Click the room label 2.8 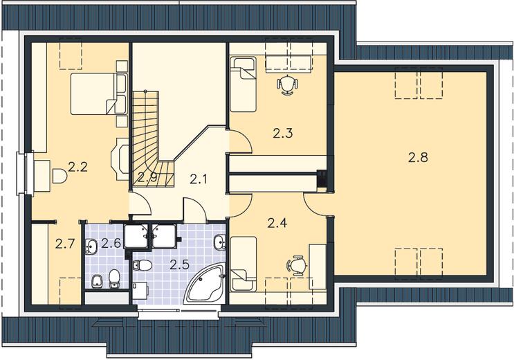coord(418,158)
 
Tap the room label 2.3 coord(282,133)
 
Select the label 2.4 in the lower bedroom coord(277,223)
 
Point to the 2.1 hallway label coord(199,179)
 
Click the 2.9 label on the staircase coord(147,177)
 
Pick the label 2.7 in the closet coord(65,244)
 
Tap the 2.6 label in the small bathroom coord(111,243)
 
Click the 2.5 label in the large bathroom coord(180,264)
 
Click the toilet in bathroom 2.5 coord(142,264)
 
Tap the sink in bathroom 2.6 coord(91,246)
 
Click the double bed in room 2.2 coord(99,94)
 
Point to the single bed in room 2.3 coord(243,84)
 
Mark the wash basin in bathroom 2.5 coord(219,242)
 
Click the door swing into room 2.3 coord(241,141)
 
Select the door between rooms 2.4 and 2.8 coord(315,204)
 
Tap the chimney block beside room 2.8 coord(322,180)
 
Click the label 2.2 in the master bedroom coord(78,168)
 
